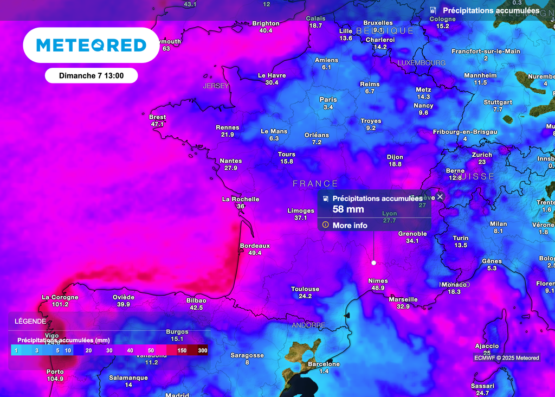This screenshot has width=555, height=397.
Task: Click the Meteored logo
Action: [x=91, y=45]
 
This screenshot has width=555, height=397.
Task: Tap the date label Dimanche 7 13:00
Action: [x=91, y=76]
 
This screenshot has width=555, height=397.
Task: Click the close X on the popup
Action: [x=440, y=197]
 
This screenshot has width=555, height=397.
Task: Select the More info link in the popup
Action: [x=350, y=226]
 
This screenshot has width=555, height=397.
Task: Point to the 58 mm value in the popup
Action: [x=348, y=209]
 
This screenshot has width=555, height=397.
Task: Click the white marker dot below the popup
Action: [x=373, y=262]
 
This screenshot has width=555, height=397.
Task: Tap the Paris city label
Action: [x=328, y=100]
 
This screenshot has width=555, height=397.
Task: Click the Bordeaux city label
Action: [x=255, y=246]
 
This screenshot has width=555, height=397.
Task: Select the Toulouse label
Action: [x=305, y=289]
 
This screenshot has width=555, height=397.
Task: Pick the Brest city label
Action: [x=157, y=117]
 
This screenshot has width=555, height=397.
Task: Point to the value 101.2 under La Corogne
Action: [x=60, y=304]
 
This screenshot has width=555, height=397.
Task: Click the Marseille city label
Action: [x=403, y=299]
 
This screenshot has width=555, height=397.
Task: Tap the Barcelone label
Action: [x=324, y=364]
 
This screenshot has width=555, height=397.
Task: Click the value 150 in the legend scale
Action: [x=182, y=350]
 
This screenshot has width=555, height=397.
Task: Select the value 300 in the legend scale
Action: [x=202, y=350]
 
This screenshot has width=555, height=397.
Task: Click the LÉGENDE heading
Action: [x=30, y=321]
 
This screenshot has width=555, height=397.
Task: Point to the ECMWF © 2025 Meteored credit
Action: [x=506, y=357]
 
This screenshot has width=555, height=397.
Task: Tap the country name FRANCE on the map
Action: [x=315, y=184]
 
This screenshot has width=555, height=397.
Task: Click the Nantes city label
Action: [x=230, y=161]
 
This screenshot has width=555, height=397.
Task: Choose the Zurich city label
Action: [x=482, y=155]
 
